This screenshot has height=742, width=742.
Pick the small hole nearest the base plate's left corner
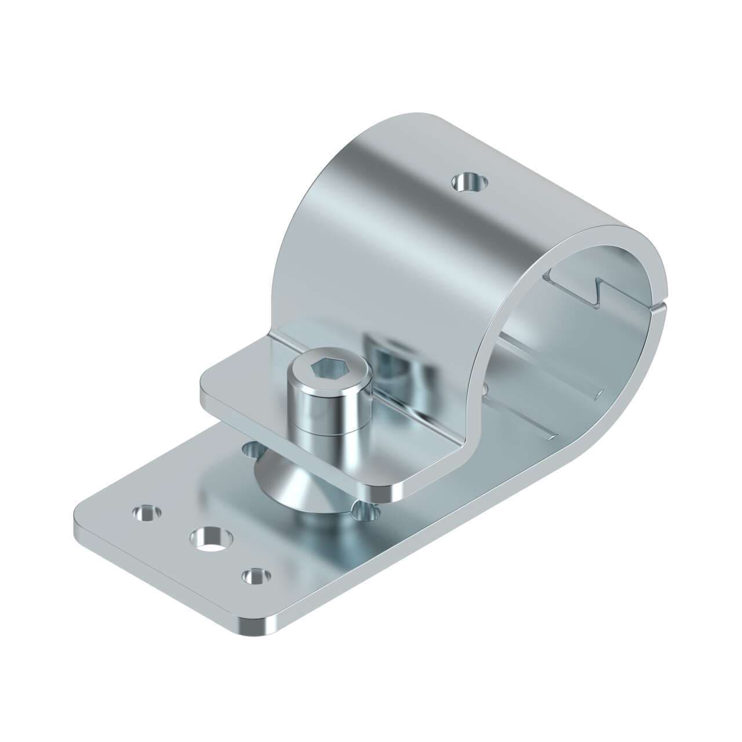[146, 512]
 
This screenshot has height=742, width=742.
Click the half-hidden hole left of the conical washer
[250, 448]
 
